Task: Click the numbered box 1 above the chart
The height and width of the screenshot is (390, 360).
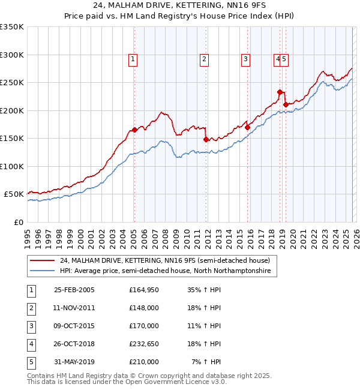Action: tap(133, 59)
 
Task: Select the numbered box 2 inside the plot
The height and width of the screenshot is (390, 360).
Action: tap(205, 59)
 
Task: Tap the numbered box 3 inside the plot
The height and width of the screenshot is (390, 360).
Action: tap(246, 59)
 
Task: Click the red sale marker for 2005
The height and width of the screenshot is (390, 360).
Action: tap(134, 130)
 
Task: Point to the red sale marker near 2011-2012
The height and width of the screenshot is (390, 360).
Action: tap(206, 139)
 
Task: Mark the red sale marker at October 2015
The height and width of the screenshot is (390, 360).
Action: tap(247, 127)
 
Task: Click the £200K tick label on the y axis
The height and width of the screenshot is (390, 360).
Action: tap(11, 110)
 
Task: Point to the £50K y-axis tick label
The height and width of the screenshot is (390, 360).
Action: tap(13, 194)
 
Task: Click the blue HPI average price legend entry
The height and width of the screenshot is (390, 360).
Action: tap(165, 271)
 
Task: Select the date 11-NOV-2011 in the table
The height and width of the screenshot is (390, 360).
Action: tap(74, 308)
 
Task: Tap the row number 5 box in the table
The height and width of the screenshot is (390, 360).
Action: tap(31, 362)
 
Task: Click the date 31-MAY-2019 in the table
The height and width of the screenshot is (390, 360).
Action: tap(74, 362)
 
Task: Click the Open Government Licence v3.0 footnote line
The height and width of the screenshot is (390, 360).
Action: tap(127, 382)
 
